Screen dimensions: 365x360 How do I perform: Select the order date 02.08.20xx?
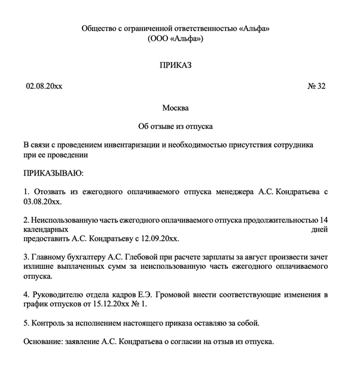[44, 87]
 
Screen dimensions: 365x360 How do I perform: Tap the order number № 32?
[317, 87]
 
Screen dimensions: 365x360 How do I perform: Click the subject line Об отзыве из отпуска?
[175, 127]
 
